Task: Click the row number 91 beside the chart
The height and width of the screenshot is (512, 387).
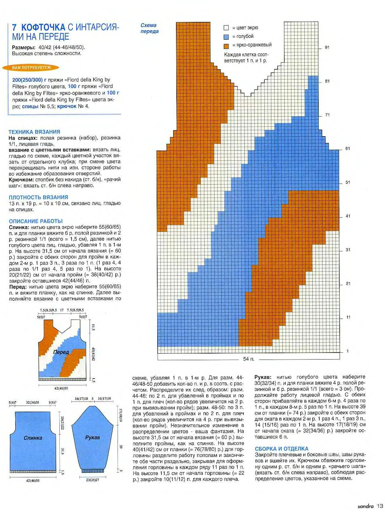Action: [x=327, y=47]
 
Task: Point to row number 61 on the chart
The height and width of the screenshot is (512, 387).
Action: [x=348, y=148]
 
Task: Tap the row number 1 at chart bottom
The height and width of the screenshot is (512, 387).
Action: [x=348, y=351]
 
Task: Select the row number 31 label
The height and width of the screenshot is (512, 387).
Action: [x=348, y=250]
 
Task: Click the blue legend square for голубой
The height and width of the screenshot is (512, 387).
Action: [x=226, y=37]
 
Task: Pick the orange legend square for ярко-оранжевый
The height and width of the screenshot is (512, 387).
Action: [x=226, y=45]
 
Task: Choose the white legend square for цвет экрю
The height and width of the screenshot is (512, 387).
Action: [x=226, y=28]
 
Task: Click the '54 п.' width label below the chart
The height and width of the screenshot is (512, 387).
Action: [x=249, y=359]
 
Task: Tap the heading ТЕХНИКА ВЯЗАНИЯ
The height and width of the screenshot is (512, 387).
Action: [x=34, y=132]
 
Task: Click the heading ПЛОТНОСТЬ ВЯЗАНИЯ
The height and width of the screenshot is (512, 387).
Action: [x=38, y=197]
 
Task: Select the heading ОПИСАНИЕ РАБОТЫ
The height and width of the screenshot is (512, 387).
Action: [x=36, y=221]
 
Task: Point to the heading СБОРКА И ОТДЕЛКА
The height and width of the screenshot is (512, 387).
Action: [x=282, y=448]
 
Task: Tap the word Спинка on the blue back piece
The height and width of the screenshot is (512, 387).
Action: [x=33, y=438]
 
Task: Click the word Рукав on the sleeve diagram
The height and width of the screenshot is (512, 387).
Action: [x=92, y=437]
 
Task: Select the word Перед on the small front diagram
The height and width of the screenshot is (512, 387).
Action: [x=61, y=352]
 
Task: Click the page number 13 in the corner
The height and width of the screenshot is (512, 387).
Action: [x=380, y=506]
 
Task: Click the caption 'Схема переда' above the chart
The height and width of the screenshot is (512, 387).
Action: [x=149, y=28]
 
